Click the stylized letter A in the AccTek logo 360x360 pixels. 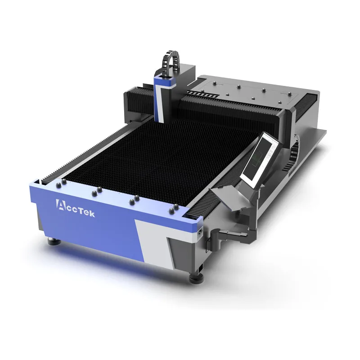[60, 204]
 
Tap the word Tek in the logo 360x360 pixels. [86, 212]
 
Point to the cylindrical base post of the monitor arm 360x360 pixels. [216, 239]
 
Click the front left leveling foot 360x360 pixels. [54, 241]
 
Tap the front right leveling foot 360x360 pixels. [196, 278]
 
